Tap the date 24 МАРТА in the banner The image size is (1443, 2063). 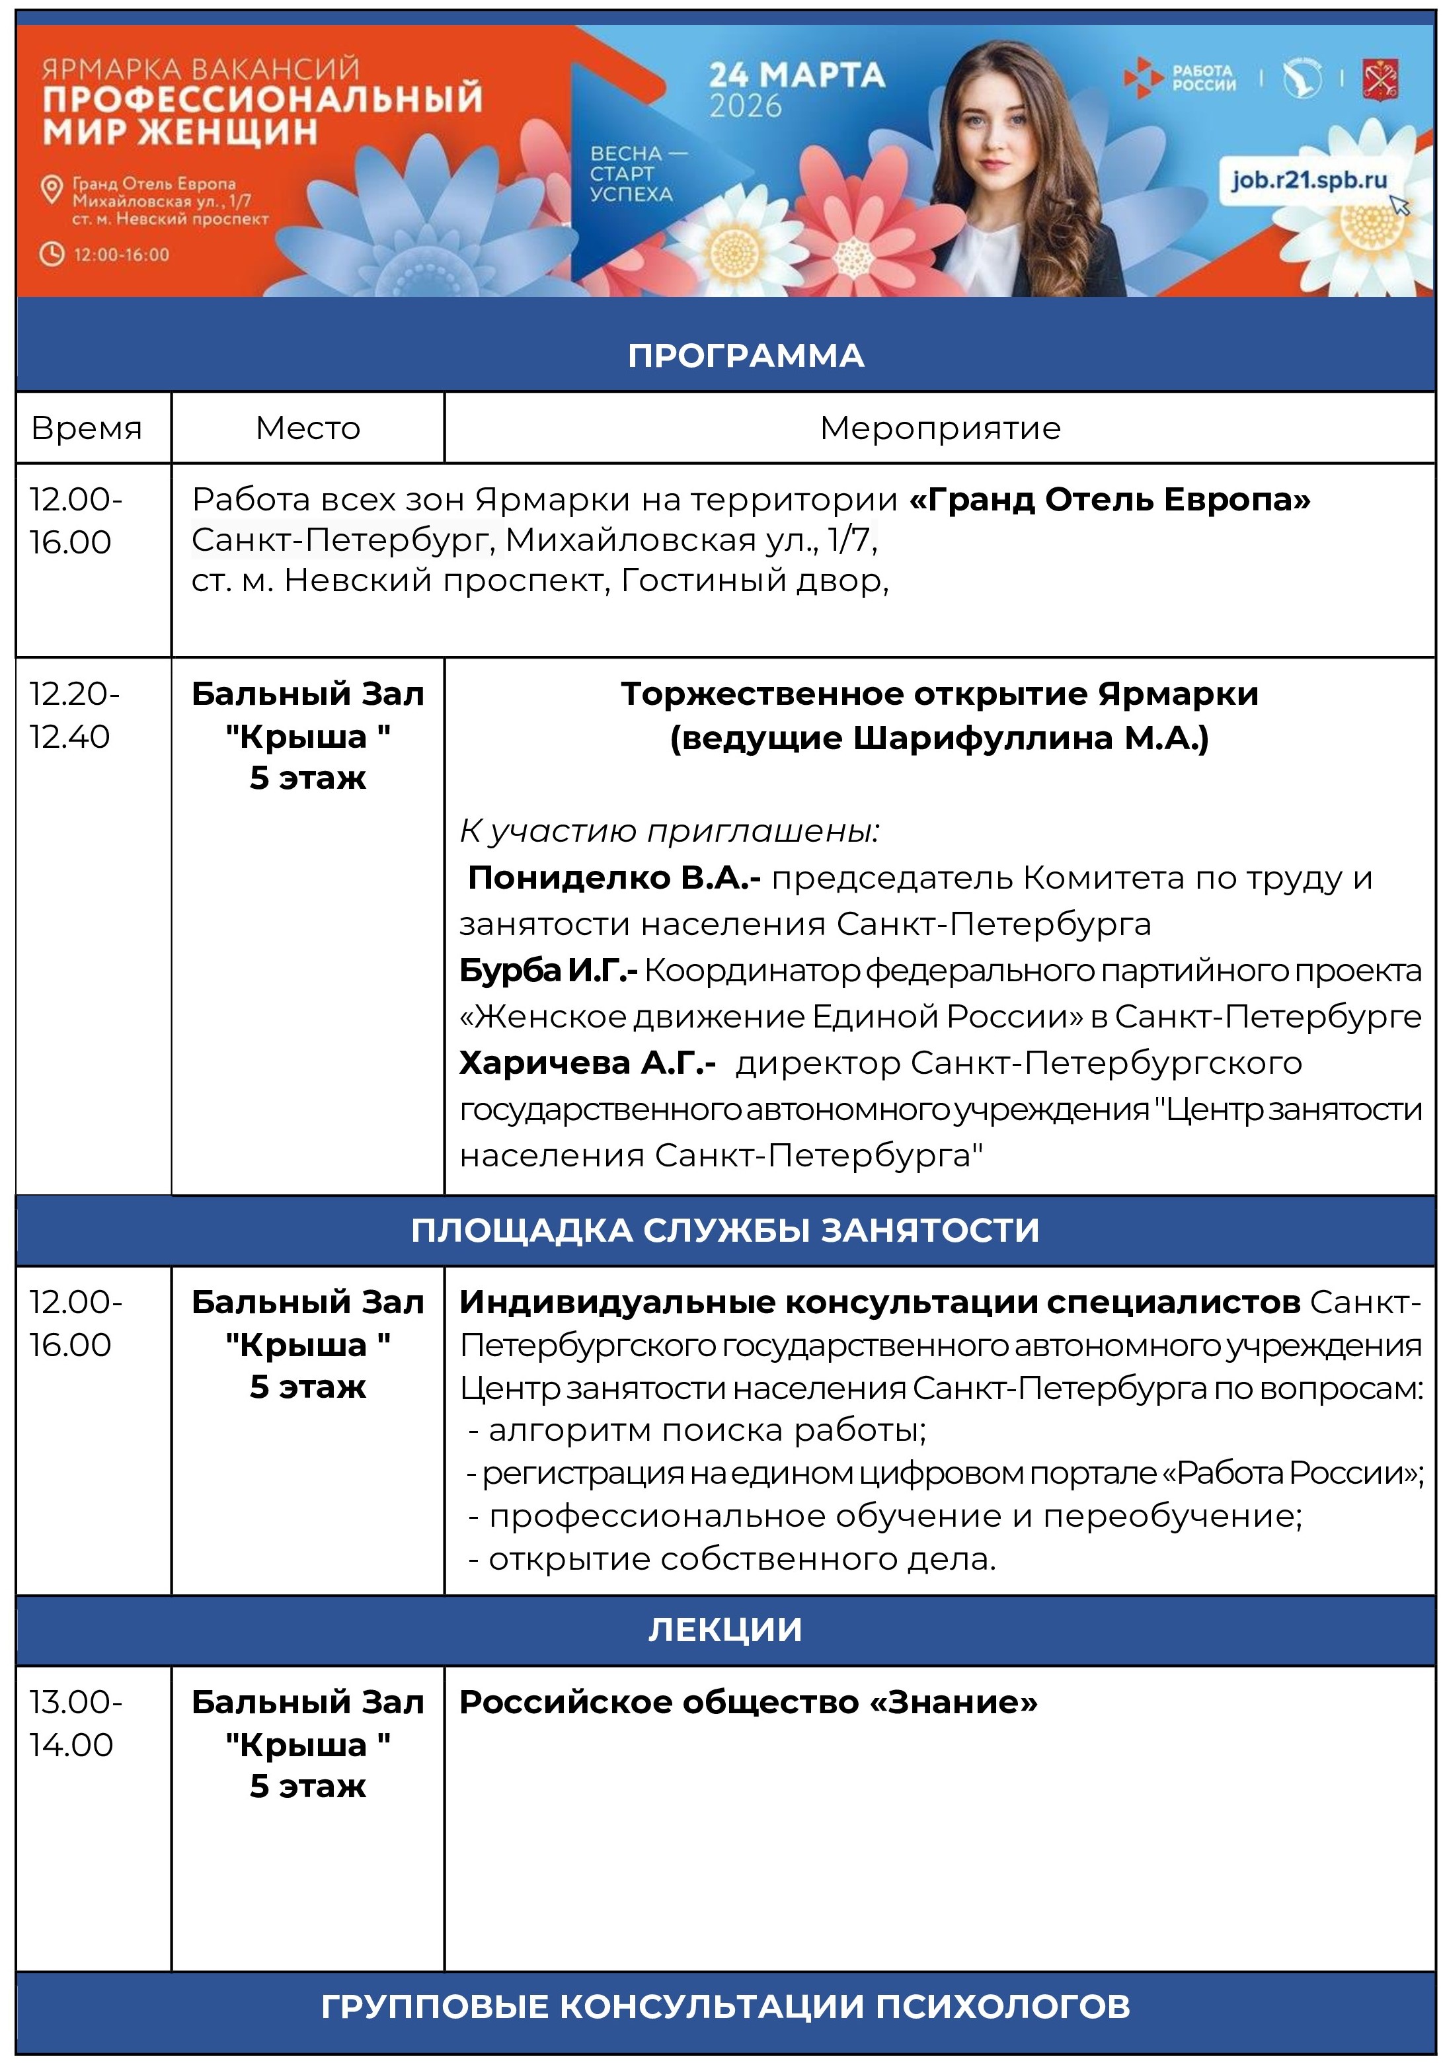pyautogui.click(x=796, y=75)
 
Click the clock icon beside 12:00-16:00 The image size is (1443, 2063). pyautogui.click(x=52, y=255)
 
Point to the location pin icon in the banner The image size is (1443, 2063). pyautogui.click(x=53, y=188)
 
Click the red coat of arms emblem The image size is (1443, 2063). pyautogui.click(x=1378, y=80)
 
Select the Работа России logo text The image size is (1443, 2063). pyautogui.click(x=1202, y=78)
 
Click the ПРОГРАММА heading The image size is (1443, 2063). pyautogui.click(x=745, y=356)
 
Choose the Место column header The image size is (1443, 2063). pyautogui.click(x=307, y=428)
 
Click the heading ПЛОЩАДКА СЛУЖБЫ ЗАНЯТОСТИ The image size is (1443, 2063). pyautogui.click(x=724, y=1229)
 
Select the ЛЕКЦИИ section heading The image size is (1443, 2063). pyautogui.click(x=724, y=1629)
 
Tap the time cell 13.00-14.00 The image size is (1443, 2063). pyautogui.click(x=75, y=1722)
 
